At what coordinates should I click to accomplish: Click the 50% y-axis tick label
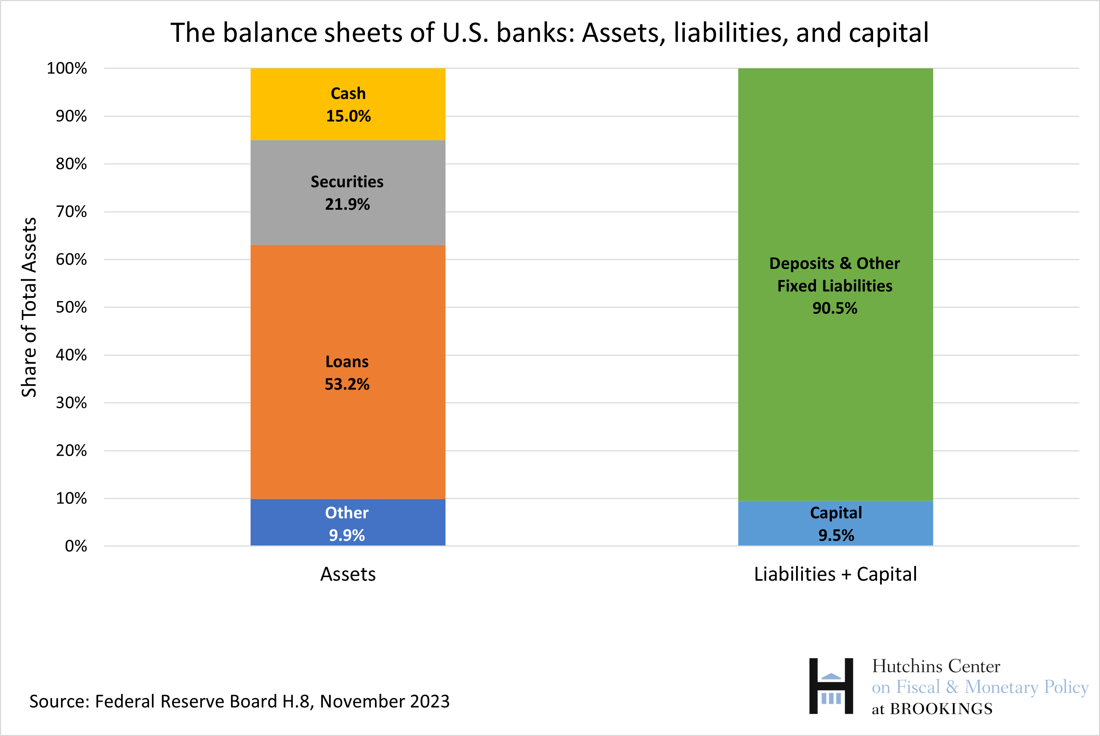coord(71,307)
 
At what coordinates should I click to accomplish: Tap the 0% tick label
coord(76,546)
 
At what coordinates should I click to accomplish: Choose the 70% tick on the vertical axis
coord(71,212)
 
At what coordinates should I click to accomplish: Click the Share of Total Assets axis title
coord(29,307)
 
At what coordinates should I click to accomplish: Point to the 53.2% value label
coord(347,384)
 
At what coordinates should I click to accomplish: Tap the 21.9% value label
coord(347,204)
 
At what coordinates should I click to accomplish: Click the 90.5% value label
coord(835,308)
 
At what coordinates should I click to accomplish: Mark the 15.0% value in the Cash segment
coord(348,116)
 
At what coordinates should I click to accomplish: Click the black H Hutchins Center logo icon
coord(831,686)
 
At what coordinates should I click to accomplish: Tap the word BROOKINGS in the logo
coord(941,709)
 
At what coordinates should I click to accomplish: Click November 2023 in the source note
coord(385,701)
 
